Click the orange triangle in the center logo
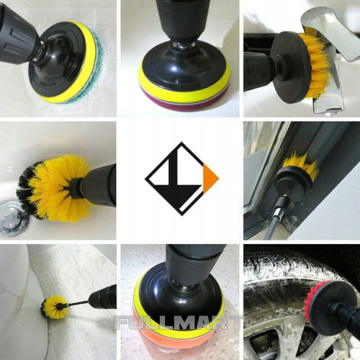click(210, 179)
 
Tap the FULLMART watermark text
click(178, 323)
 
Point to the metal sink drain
click(13, 217)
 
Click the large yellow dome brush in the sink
click(54, 187)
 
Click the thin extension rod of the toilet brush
click(76, 303)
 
